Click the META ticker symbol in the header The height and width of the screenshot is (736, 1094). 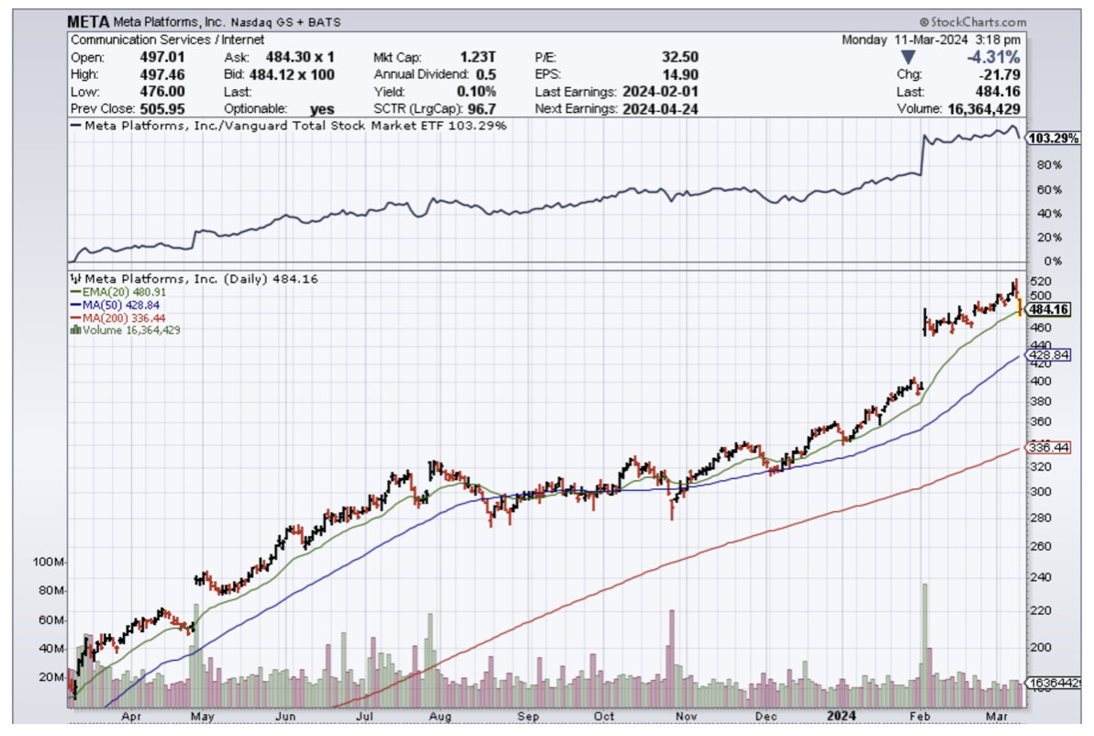[x=87, y=21]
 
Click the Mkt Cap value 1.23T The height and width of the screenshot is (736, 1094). [x=479, y=57]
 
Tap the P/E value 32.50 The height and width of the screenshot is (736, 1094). [x=679, y=57]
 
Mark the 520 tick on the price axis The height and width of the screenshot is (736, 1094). [x=1039, y=281]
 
